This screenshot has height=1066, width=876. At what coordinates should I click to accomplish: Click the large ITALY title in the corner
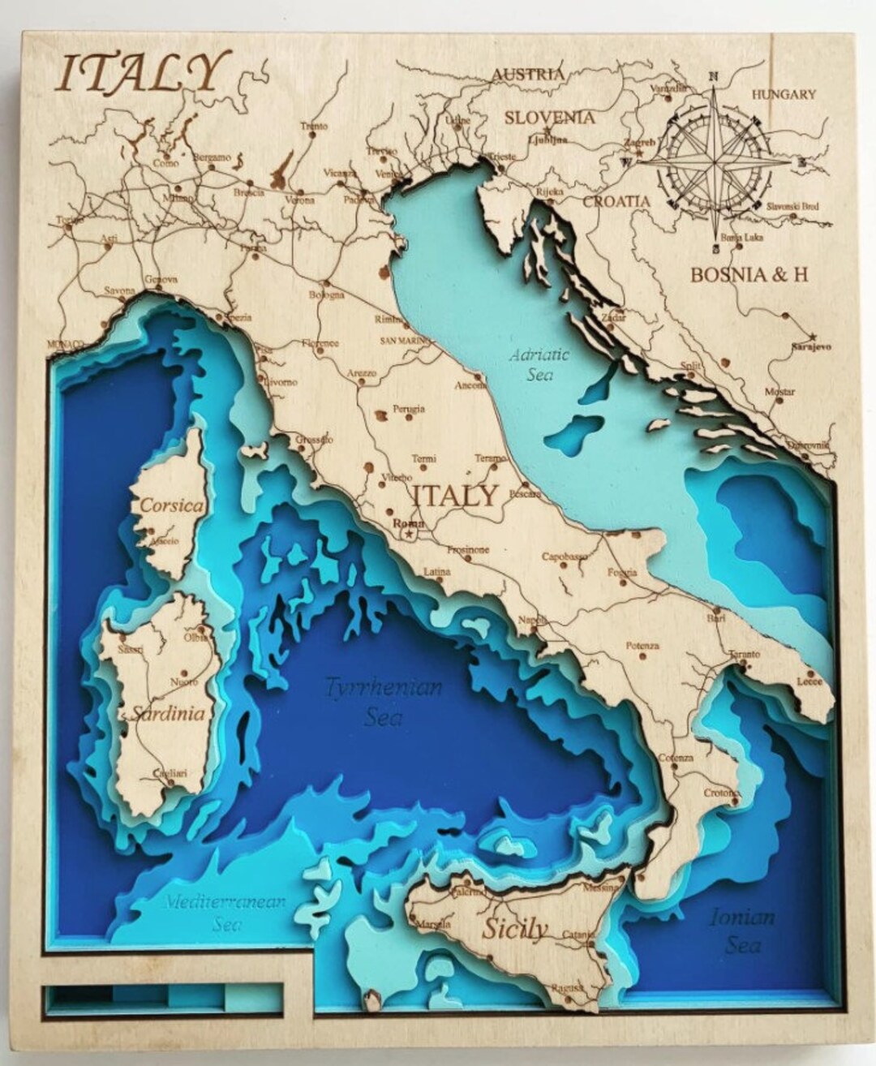[140, 73]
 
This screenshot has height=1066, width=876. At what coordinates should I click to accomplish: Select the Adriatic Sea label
[539, 364]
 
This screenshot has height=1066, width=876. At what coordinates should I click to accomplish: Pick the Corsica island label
[170, 505]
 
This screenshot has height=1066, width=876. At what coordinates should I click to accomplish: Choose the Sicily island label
[515, 929]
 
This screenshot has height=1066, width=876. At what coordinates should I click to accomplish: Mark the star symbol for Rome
[410, 535]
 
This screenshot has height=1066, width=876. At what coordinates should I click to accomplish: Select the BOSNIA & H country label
[749, 274]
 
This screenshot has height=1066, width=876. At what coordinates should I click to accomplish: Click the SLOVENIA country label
[549, 117]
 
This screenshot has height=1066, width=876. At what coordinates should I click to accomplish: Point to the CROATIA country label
[616, 200]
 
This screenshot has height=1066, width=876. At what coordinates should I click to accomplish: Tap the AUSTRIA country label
[528, 74]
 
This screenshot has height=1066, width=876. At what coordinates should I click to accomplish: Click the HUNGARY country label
[783, 94]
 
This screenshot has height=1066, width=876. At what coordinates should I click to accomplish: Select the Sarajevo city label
[811, 346]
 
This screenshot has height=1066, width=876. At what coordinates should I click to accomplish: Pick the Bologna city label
[327, 294]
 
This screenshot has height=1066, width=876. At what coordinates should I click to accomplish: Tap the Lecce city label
[809, 682]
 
